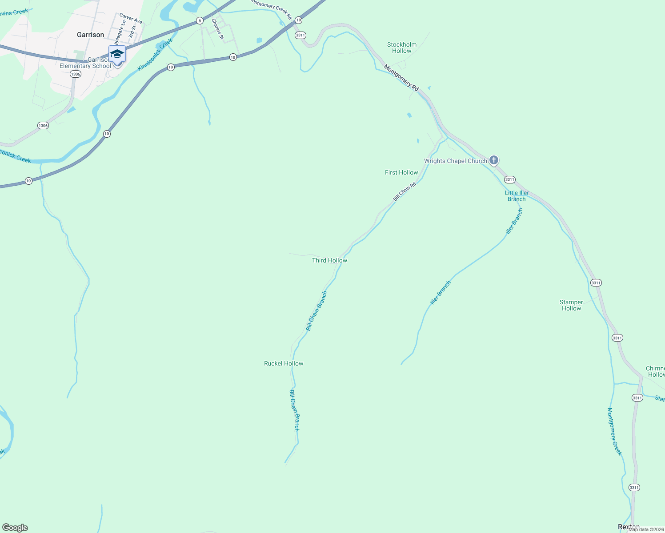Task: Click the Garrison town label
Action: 90,35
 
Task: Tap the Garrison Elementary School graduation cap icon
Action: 117,54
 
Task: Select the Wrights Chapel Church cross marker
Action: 493,160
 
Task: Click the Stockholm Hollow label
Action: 402,48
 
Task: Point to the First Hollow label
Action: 401,172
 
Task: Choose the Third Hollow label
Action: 329,260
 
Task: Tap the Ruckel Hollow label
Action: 284,363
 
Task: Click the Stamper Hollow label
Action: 571,305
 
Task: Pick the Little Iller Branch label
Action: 517,196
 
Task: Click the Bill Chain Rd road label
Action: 405,191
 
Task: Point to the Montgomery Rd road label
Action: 401,78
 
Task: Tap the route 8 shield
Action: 200,20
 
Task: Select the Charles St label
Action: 217,29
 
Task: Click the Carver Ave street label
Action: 131,18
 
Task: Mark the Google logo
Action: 15,528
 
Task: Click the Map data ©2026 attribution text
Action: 646,529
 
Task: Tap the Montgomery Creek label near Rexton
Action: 614,431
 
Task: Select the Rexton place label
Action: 629,527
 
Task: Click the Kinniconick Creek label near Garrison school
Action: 155,55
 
